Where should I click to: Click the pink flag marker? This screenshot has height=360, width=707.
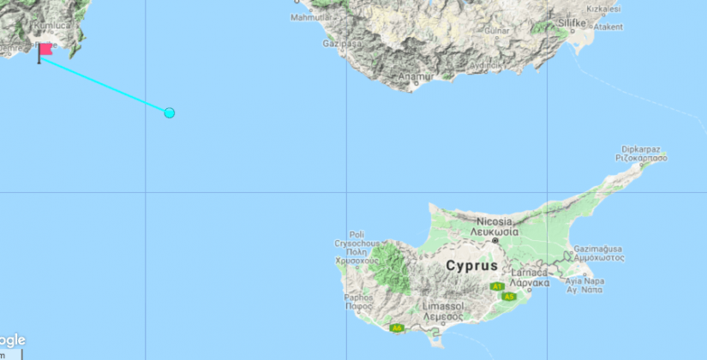45,50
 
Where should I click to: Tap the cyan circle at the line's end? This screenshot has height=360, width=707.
170,113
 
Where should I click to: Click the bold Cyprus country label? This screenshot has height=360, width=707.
471,266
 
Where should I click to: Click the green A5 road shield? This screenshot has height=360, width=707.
509,297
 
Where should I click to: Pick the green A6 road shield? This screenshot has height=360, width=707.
396,327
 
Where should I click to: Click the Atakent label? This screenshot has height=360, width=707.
608,27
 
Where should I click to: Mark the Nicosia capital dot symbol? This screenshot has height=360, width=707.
495,242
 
